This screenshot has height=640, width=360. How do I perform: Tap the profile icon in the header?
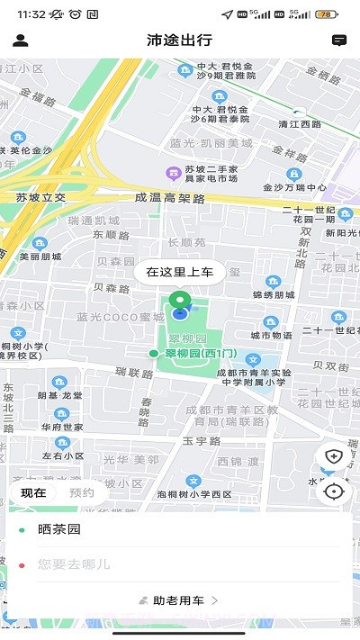21,41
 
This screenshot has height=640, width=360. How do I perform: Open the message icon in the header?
339,41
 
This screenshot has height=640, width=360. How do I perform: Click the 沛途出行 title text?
180,41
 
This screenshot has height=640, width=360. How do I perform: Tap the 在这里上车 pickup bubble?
180,272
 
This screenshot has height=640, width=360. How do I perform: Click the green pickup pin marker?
180,302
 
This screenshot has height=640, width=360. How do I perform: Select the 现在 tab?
33,492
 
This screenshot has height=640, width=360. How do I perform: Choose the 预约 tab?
82,492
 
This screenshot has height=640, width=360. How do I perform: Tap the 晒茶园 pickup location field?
180,530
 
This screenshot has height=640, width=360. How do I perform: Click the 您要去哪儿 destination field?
180,564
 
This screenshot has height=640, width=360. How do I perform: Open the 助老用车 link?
180,599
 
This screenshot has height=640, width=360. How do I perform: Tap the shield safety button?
334,456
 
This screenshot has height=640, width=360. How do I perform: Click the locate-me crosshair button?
334,491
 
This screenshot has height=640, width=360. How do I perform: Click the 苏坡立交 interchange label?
41,197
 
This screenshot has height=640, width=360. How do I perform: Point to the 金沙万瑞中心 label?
294,188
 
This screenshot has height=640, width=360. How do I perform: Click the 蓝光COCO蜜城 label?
121,317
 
